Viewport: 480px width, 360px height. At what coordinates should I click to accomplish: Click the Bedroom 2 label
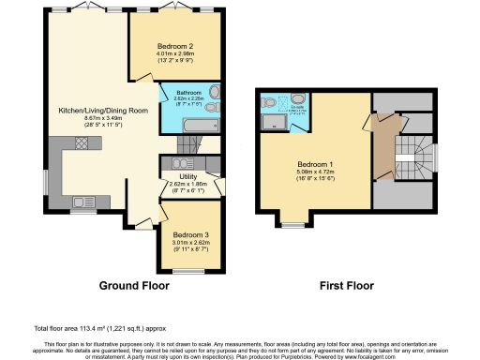click(x=175, y=46)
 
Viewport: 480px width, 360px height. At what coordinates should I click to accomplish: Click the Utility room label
click(x=187, y=176)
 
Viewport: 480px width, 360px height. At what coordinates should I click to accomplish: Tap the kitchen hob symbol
click(x=81, y=143)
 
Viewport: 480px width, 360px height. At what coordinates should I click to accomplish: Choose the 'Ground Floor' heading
click(x=134, y=285)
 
